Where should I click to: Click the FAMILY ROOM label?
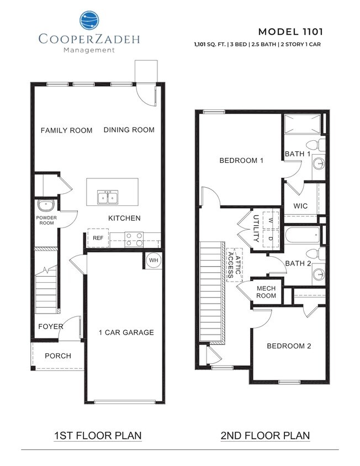pos(66,130)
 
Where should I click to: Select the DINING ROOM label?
pos(129,130)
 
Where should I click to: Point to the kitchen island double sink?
pos(108,197)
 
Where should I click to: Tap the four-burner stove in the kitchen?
pos(133,239)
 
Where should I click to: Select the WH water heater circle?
pos(153,260)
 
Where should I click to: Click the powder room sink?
pos(45,206)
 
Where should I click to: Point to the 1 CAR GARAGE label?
pos(126,332)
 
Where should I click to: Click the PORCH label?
pos(57,356)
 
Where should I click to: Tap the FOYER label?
pos(50,326)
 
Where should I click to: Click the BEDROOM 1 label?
pos(241,161)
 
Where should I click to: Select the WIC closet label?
pos(301,206)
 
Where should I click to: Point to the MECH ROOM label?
pos(266,292)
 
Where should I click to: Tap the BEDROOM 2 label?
pos(289,346)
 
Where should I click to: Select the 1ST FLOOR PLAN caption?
pos(98,436)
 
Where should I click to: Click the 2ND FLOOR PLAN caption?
pos(264,436)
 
